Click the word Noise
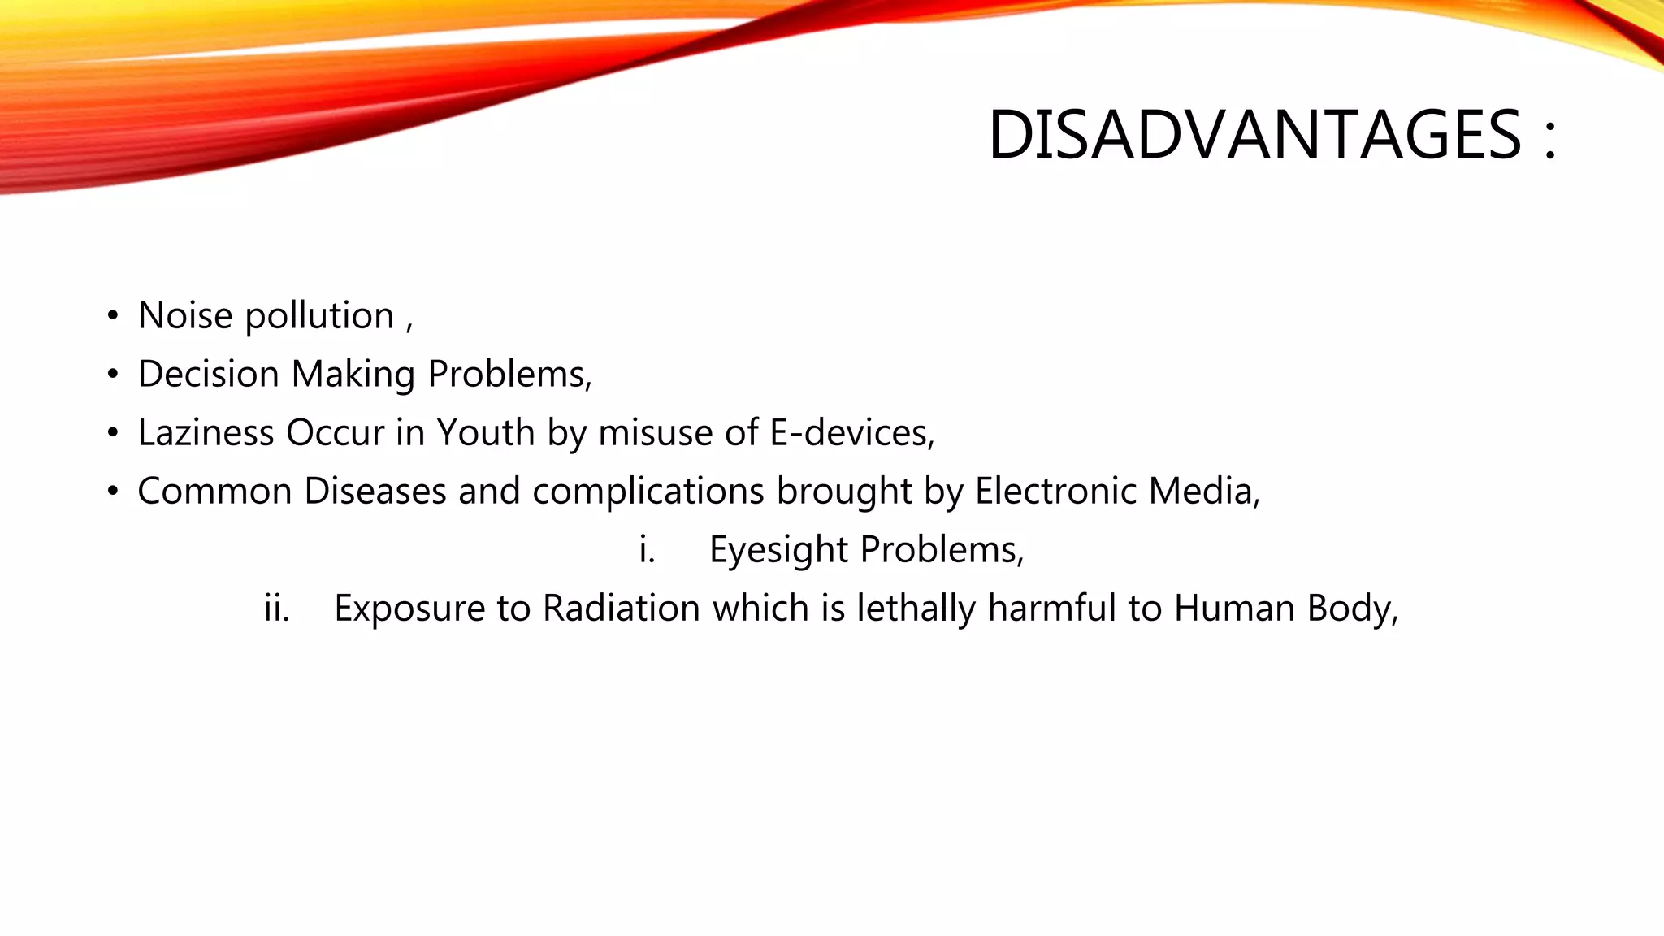click(x=185, y=316)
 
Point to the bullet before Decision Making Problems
click(x=113, y=375)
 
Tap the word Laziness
click(x=206, y=433)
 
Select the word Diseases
click(x=375, y=492)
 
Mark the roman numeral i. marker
click(x=647, y=550)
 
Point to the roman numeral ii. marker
click(x=276, y=609)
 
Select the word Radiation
click(x=621, y=609)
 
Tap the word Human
click(x=1233, y=609)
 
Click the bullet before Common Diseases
click(x=113, y=492)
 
